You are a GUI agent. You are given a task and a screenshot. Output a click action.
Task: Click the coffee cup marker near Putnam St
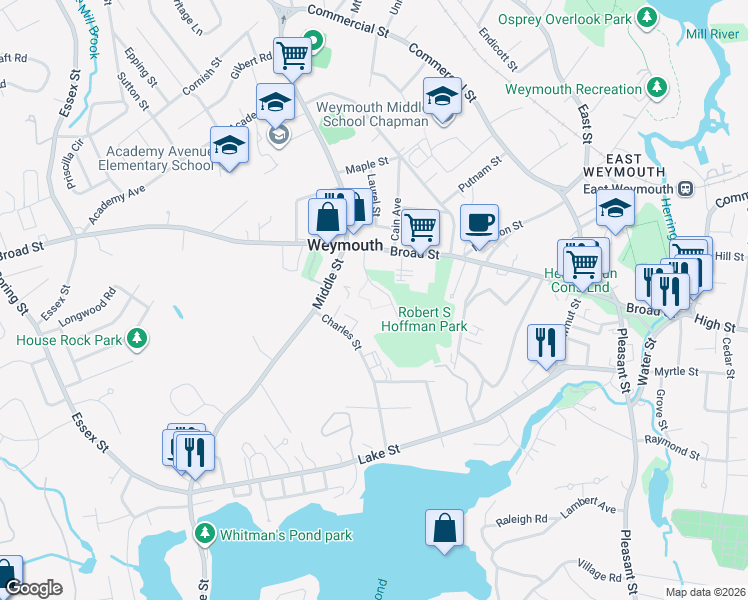[480, 222]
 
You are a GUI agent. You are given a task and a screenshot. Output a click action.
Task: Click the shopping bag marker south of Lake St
[444, 527]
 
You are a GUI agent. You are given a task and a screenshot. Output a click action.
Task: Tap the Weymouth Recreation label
[572, 89]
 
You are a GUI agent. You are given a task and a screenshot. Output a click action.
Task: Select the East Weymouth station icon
[686, 189]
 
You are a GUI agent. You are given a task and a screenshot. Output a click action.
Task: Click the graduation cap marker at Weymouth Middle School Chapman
[441, 96]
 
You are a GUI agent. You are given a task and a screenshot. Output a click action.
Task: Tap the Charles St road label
[341, 333]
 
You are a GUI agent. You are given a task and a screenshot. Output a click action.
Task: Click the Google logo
[33, 588]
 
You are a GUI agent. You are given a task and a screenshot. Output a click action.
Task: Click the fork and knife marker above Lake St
[546, 342]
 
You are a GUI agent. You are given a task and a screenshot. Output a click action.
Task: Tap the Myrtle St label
[676, 371]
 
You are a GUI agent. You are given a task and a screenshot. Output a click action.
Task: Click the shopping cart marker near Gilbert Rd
[291, 56]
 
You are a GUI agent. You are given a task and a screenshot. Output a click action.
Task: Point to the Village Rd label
[598, 572]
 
